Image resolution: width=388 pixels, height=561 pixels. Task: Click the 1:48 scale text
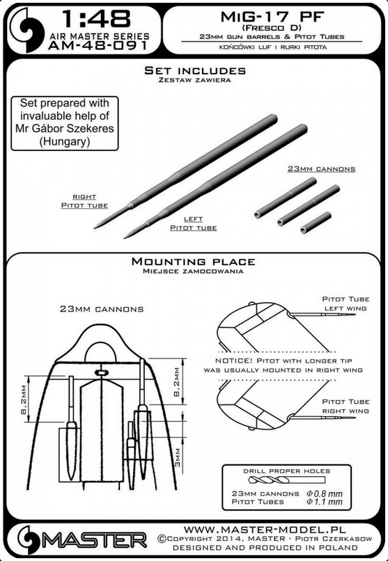coord(96,19)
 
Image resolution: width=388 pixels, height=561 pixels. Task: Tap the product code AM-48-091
coord(98,45)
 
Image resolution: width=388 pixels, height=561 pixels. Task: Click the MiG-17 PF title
coord(272,17)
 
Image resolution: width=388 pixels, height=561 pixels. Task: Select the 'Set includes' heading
coord(195,70)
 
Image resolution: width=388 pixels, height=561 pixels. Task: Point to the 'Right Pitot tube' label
coord(84,201)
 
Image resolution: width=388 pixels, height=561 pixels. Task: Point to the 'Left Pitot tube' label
coord(193,223)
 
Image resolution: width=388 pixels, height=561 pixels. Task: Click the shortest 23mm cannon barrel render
coord(316,223)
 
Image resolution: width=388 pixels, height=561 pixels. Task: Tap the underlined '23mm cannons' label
coord(321,169)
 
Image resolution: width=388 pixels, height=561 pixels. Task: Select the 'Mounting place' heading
coord(193,262)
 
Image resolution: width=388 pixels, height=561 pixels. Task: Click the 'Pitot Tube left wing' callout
coord(346,303)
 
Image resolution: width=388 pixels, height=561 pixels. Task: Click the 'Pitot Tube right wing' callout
coord(346,406)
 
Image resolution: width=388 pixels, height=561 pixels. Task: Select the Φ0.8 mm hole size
coord(325,493)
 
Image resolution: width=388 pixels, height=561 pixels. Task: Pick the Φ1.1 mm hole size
coord(325,502)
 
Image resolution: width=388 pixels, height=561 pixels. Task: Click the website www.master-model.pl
coord(265,529)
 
